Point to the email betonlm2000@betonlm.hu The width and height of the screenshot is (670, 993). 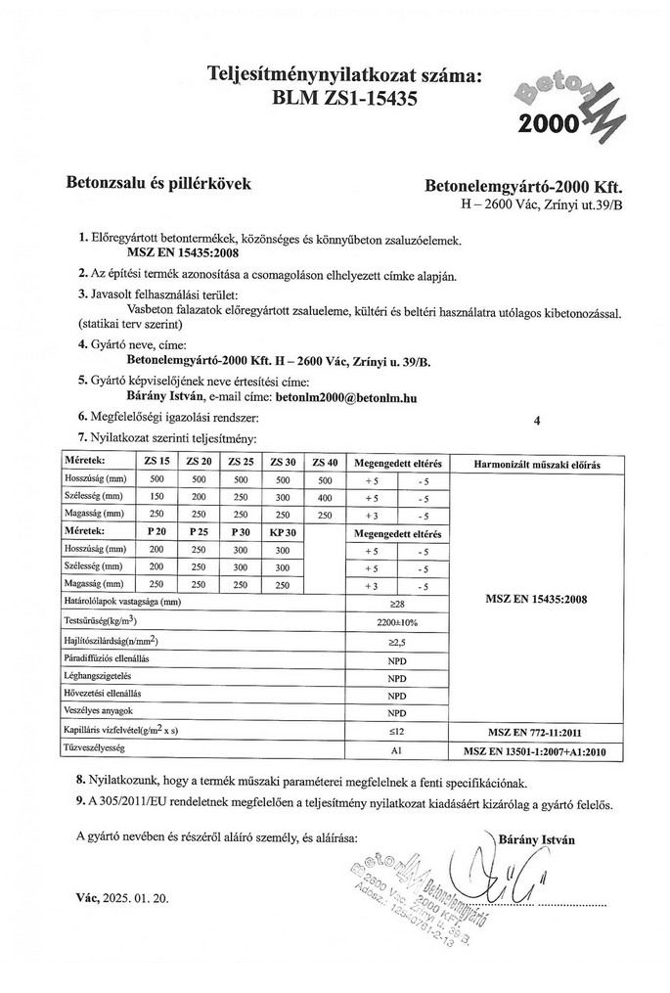[347, 397]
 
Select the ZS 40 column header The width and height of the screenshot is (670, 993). [325, 462]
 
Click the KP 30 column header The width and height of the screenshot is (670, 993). [282, 532]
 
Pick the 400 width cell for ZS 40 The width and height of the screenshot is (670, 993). [325, 497]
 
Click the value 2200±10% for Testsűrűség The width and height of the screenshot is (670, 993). [396, 622]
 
